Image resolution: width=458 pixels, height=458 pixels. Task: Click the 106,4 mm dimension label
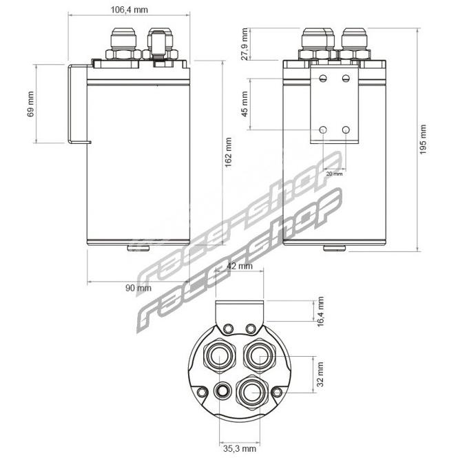tap(129, 10)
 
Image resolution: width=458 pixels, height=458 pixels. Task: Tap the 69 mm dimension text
tap(31, 104)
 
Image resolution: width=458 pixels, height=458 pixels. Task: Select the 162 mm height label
tap(228, 152)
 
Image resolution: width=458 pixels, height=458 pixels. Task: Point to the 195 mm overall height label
tap(423, 139)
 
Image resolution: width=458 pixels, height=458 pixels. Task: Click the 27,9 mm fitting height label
tap(244, 44)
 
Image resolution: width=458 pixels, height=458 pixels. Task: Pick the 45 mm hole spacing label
tap(244, 104)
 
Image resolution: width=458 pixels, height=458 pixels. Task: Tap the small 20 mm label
tap(334, 174)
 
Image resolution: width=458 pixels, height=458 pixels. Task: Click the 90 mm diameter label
tap(138, 288)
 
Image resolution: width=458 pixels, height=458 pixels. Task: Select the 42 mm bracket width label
tap(240, 266)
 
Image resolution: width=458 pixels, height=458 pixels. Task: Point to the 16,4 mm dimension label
tap(320, 311)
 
